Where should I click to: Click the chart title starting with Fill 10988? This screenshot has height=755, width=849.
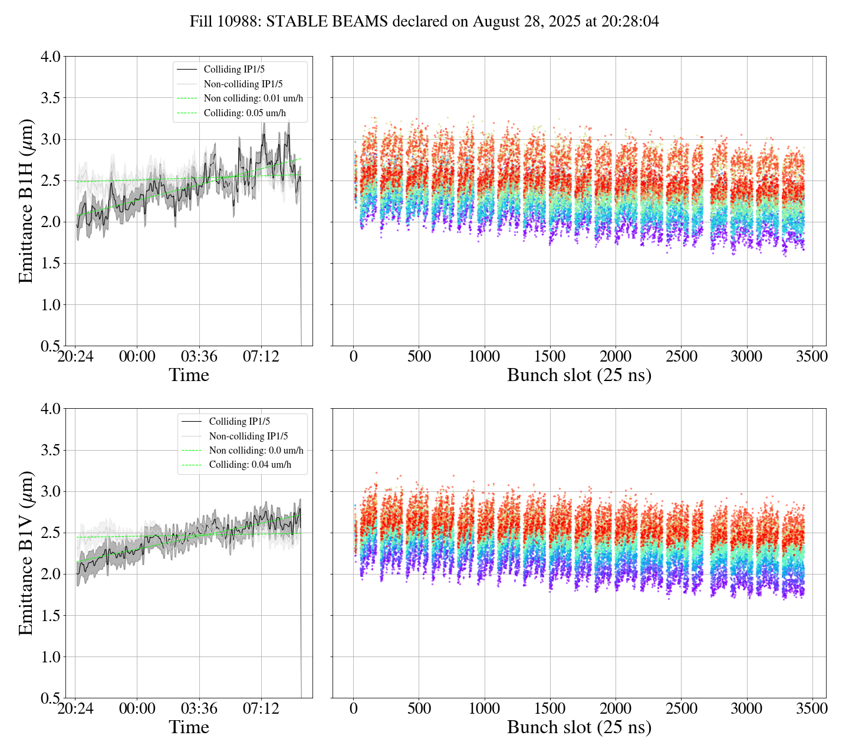(x=424, y=22)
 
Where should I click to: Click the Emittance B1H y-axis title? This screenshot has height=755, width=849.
(x=26, y=201)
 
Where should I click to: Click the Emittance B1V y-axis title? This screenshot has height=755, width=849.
(x=26, y=553)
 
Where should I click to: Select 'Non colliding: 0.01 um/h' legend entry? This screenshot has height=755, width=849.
(x=253, y=99)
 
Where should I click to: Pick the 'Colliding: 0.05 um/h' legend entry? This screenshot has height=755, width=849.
(x=245, y=113)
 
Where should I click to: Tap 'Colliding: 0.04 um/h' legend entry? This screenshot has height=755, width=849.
(x=250, y=465)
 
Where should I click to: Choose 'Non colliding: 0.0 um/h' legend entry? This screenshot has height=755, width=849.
(x=256, y=451)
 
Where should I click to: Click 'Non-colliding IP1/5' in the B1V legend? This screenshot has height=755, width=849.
(x=248, y=436)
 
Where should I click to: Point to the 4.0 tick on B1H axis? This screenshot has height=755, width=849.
(x=51, y=57)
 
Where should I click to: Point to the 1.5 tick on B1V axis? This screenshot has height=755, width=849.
(x=51, y=616)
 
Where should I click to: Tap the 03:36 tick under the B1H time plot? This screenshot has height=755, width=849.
(x=199, y=357)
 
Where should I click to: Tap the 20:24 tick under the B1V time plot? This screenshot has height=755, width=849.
(x=75, y=708)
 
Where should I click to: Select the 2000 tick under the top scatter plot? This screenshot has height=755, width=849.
(x=616, y=357)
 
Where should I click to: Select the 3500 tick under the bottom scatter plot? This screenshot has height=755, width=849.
(x=812, y=708)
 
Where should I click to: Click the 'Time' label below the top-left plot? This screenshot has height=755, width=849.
(x=189, y=375)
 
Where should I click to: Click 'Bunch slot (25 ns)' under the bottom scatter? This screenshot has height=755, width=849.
(x=579, y=727)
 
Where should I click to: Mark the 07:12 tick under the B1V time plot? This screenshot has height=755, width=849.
(x=261, y=708)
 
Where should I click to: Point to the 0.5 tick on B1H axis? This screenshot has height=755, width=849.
(x=51, y=346)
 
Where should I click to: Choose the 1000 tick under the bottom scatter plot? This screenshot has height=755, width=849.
(x=485, y=708)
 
